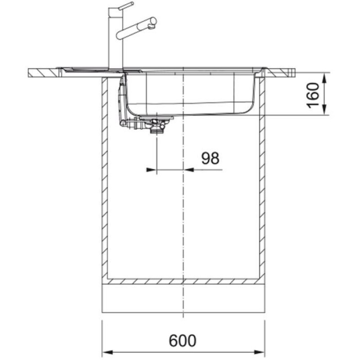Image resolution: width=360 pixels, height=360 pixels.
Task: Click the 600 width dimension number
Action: tap(183, 341)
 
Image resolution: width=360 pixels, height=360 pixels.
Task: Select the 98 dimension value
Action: tap(210, 158)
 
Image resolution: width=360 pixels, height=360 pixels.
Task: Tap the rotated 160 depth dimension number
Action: tap(313, 94)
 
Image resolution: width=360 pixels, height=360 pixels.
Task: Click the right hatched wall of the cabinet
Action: tap(261, 180)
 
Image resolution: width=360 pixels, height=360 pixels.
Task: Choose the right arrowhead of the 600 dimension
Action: tap(261, 352)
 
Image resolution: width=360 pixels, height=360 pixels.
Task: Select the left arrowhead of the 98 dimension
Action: tap(151, 170)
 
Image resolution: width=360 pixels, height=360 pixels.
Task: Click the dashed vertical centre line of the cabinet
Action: tap(183, 202)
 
